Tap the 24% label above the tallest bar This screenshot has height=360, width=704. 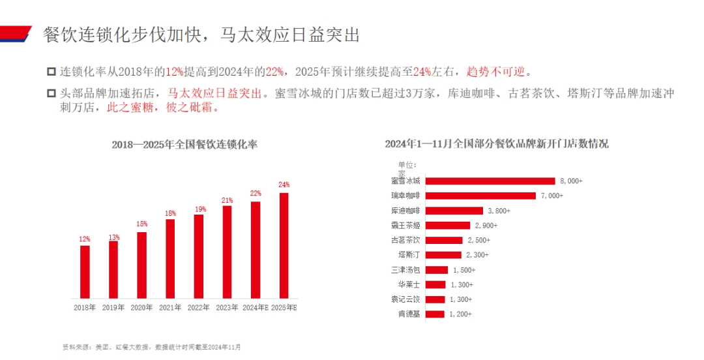(284, 185)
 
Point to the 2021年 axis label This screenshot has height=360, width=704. (170, 307)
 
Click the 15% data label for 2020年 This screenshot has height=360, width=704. (141, 224)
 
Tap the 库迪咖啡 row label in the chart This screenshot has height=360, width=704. (405, 211)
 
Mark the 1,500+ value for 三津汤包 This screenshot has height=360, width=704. (464, 270)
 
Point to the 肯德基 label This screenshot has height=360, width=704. (409, 314)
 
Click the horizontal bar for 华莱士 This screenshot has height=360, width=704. (437, 284)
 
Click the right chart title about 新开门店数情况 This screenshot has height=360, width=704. (497, 143)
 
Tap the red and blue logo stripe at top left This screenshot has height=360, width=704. (16, 33)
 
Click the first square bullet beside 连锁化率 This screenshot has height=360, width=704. (51, 71)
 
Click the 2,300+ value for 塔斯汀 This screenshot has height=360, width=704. (477, 255)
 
